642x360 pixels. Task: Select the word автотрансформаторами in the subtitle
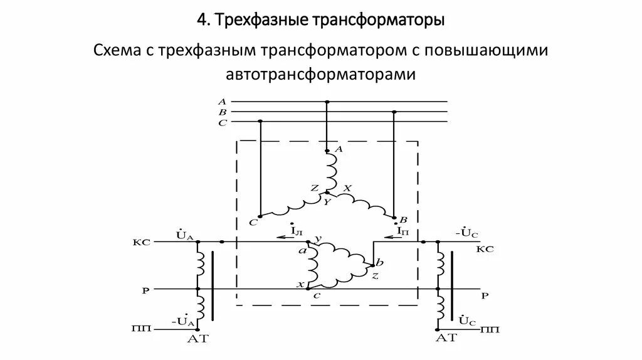[x=320, y=75]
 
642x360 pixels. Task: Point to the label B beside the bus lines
[x=222, y=112]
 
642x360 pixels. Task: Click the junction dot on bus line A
[x=327, y=102]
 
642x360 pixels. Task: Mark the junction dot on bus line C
[x=260, y=122]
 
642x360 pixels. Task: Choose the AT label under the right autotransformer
[x=447, y=339]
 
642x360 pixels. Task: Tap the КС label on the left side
[x=142, y=242]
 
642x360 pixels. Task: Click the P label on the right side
[x=484, y=295]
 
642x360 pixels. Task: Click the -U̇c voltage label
[x=466, y=233]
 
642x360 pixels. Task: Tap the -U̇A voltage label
[x=184, y=321]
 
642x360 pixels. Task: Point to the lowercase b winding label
[x=381, y=260]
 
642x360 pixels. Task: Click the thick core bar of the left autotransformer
[x=213, y=282]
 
